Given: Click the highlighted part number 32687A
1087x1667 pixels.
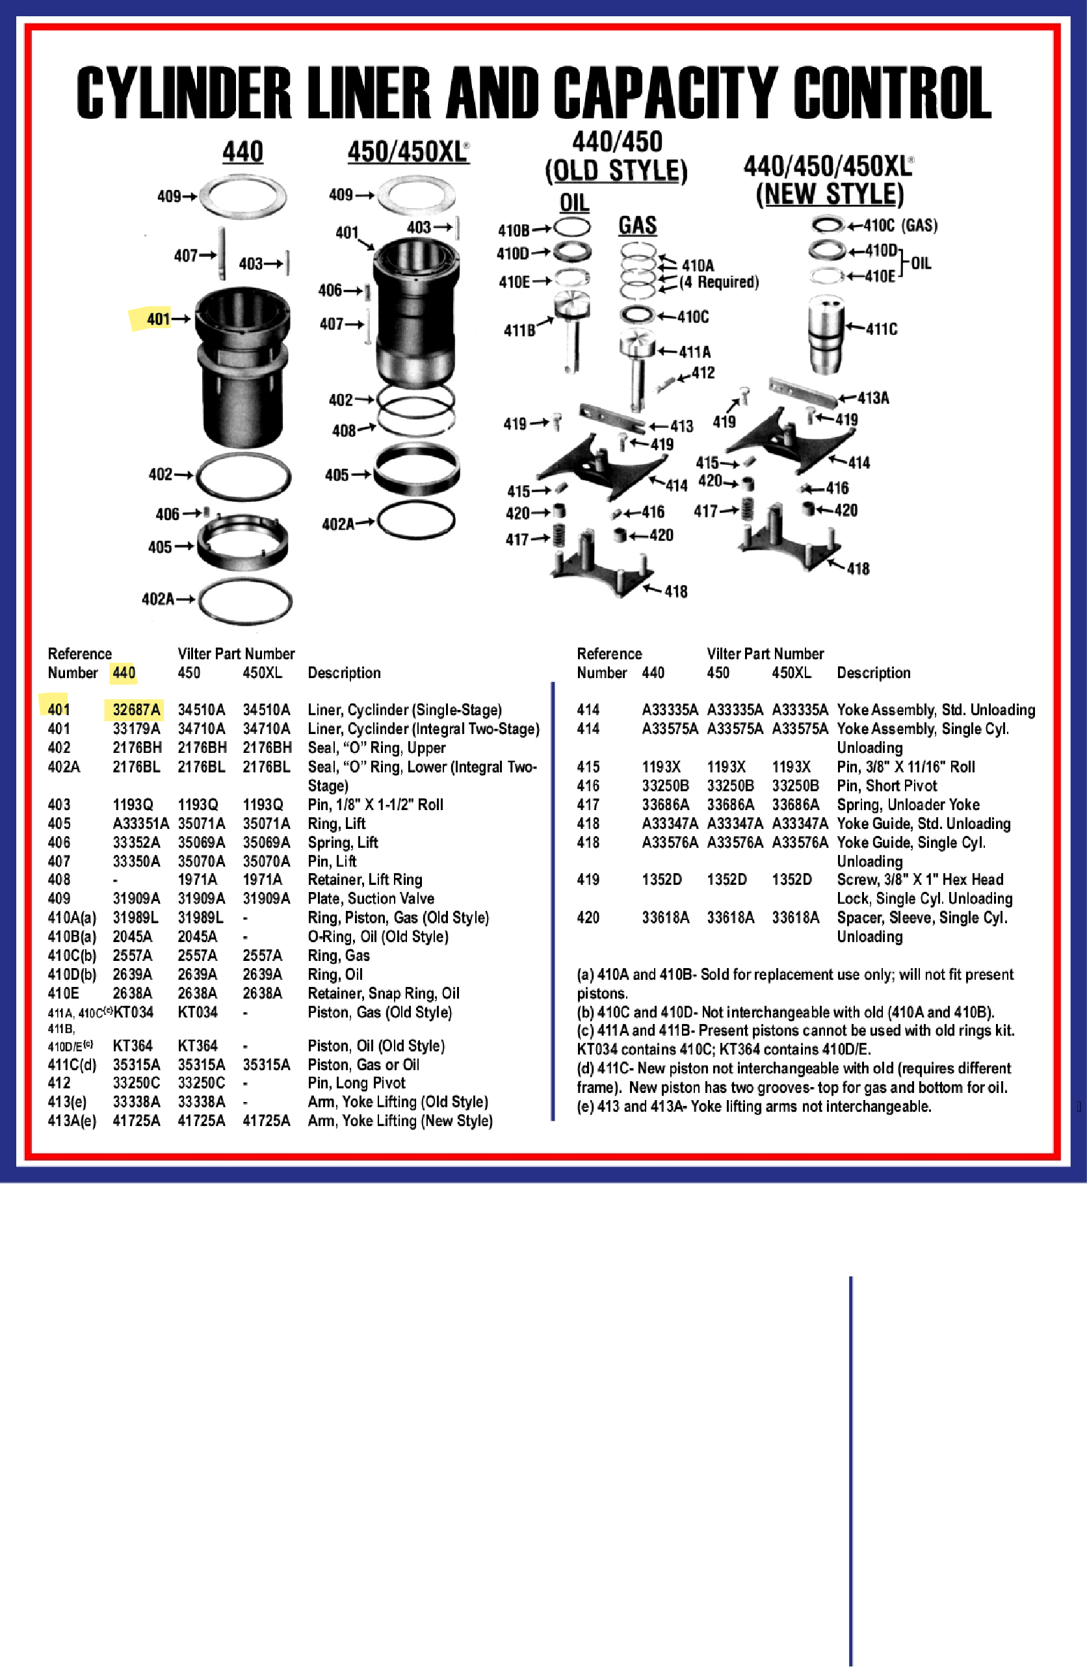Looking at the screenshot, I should (136, 709).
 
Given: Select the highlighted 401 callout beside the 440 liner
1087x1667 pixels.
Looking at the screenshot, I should (158, 319).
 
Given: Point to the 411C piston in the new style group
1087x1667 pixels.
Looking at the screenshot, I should (826, 334).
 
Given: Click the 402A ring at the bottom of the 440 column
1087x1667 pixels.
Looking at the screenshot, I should (244, 600).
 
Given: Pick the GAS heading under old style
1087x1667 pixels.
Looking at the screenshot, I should (637, 226).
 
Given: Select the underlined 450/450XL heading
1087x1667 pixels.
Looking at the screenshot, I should (408, 152).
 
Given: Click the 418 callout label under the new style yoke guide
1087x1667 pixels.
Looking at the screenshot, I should (858, 569).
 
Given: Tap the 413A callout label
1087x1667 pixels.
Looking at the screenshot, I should (873, 398).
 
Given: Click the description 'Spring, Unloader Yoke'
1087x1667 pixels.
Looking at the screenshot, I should (908, 805).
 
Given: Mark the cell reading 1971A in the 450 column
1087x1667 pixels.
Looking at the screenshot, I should (197, 880).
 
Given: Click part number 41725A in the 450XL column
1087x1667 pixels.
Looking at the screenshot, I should (265, 1121).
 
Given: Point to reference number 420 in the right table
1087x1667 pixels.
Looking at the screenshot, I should (588, 917).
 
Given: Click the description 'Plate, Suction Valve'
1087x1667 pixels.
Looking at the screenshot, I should (371, 899).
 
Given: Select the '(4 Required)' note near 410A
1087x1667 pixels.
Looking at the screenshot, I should (718, 282).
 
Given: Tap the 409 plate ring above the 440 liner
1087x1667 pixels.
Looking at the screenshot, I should (243, 196).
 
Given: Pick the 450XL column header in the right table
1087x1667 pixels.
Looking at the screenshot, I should (791, 673).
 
